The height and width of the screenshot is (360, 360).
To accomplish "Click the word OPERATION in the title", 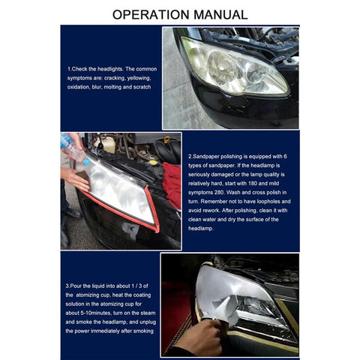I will point(153,14).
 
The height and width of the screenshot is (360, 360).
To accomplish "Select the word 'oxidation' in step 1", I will point(80,87).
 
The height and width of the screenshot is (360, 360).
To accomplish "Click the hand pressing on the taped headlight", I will point(75,178).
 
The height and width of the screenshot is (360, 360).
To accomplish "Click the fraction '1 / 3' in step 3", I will point(143,285).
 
